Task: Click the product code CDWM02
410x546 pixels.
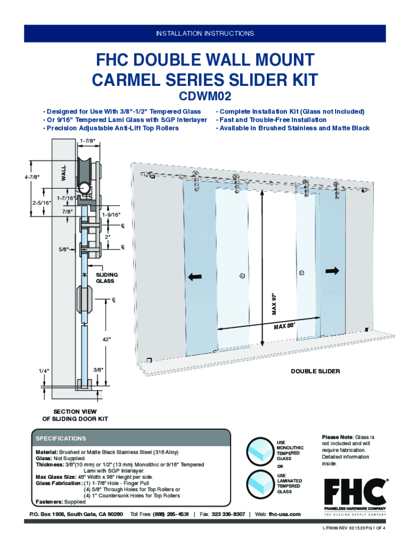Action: [x=205, y=98]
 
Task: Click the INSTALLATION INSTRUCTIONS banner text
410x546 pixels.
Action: [x=205, y=34]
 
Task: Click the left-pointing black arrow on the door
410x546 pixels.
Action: [x=195, y=276]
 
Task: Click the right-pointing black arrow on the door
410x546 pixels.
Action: [x=332, y=271]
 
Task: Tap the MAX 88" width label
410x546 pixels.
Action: [x=284, y=325]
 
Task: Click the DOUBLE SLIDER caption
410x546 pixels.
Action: [x=315, y=371]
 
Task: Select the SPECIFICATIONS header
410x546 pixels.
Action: [x=61, y=438]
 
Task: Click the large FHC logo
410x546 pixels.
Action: [x=355, y=492]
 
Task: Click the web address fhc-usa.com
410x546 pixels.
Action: [x=284, y=514]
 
